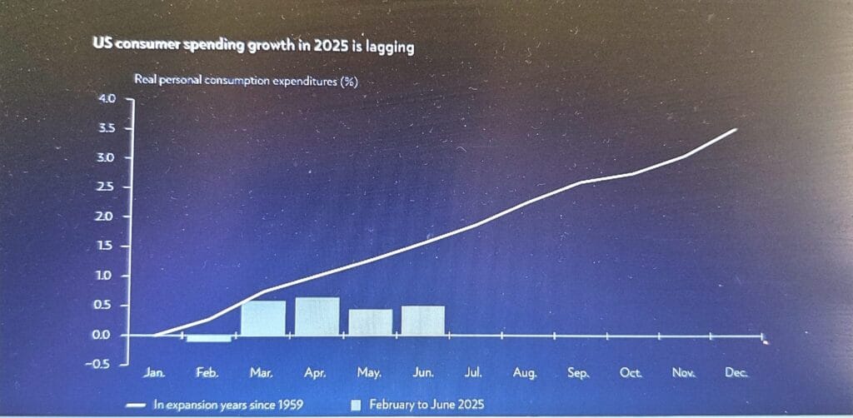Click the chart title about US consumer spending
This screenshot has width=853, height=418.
(x=254, y=47)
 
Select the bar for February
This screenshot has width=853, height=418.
(x=208, y=338)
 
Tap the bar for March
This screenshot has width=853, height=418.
(x=263, y=318)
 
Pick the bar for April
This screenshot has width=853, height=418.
(x=317, y=316)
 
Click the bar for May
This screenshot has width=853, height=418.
(x=370, y=322)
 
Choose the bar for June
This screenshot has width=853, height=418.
(x=422, y=321)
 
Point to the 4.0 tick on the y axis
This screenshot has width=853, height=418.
(x=108, y=98)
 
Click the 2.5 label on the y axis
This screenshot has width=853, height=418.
(x=108, y=187)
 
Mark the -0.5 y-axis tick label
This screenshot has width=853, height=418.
(x=106, y=365)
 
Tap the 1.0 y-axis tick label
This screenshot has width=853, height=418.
(x=108, y=276)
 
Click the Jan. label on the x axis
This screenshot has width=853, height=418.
(x=154, y=374)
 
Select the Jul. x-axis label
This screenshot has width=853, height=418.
(x=473, y=374)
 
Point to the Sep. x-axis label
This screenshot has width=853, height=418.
(x=578, y=374)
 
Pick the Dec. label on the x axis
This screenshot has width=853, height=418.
(x=736, y=374)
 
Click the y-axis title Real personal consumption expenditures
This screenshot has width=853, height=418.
(x=247, y=81)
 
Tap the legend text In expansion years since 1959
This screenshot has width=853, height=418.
(x=227, y=406)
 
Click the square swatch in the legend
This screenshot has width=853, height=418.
(x=356, y=406)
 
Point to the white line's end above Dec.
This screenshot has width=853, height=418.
(x=736, y=129)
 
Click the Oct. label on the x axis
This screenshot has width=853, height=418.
(x=631, y=374)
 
